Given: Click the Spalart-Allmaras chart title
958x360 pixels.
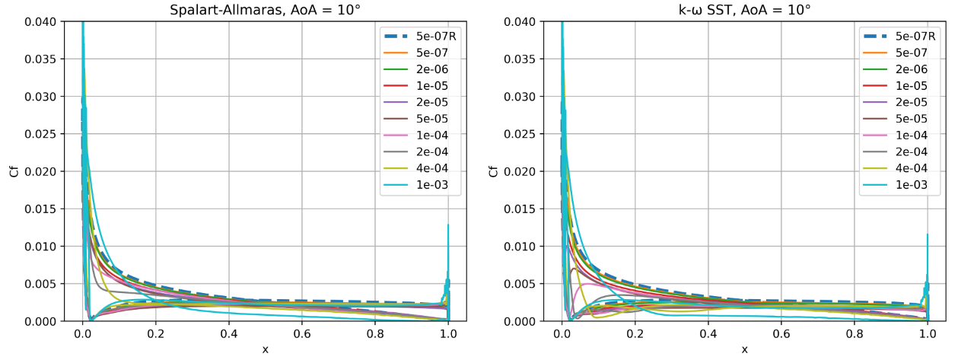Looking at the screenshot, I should [266, 10].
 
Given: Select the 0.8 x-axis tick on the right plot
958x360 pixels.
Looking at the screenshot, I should [855, 333].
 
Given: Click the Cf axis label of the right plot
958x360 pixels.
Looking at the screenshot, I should [495, 171].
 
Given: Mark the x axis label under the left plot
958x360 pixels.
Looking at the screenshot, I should [266, 349].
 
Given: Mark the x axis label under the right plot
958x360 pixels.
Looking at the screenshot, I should [745, 349].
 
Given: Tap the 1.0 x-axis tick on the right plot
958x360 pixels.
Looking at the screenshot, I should [928, 333].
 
